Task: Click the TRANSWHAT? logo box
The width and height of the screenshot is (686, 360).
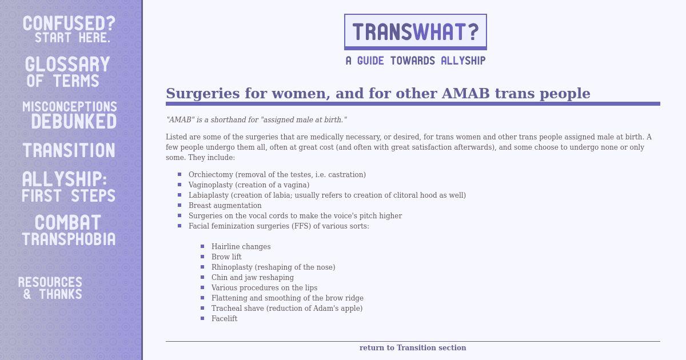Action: pos(415,32)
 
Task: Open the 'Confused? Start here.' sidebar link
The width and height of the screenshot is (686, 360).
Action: pos(69,29)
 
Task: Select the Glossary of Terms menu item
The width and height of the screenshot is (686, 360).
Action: pos(67,71)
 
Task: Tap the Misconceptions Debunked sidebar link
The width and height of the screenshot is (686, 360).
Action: pos(70,115)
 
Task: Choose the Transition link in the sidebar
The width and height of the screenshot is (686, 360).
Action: pos(69,150)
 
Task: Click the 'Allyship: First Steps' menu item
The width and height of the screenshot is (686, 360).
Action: pos(69,187)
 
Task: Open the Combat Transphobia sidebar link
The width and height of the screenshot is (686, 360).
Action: pos(69,230)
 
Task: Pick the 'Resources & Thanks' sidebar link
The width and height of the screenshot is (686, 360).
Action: pos(50,288)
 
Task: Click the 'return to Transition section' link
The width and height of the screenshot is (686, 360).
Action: pos(413,348)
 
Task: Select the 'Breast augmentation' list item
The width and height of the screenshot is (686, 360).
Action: pos(225,205)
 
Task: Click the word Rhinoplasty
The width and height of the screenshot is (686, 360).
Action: pos(232,267)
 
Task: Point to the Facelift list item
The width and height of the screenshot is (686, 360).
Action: pos(225,319)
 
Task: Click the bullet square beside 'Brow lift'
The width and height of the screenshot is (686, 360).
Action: pos(202,257)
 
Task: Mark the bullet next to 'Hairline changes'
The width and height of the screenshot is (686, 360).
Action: pos(202,246)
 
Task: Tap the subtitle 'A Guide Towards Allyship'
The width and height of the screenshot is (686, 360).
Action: pos(416,61)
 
